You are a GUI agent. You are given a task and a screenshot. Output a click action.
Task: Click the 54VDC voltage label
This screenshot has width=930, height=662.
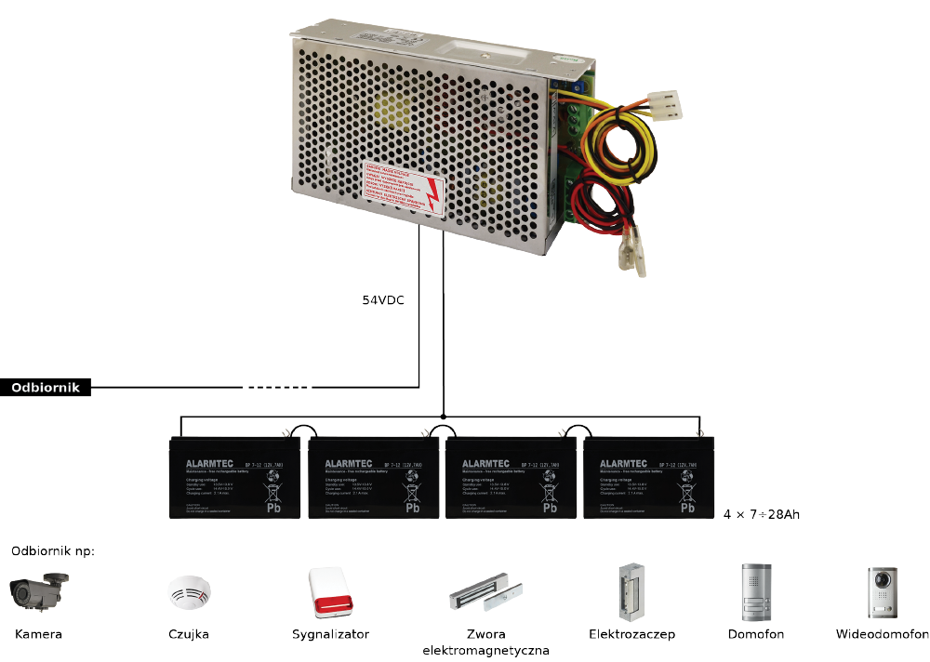click(x=383, y=301)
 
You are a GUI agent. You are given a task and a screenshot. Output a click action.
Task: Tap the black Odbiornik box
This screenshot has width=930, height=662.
click(x=46, y=388)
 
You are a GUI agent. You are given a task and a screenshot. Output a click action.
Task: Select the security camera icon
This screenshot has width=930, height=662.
click(x=38, y=591)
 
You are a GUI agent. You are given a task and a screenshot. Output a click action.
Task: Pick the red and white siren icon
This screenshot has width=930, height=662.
click(x=331, y=592)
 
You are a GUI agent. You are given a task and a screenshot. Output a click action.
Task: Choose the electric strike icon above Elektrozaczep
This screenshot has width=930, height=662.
click(x=631, y=591)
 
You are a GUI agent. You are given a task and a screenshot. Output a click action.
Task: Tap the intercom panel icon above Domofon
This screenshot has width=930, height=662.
click(x=755, y=592)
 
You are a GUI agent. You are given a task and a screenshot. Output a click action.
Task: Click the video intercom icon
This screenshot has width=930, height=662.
click(x=882, y=592)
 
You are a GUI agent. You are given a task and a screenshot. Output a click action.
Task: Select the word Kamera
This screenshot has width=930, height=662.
click(x=38, y=635)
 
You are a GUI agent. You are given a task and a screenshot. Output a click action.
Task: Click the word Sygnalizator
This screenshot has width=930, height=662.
click(x=330, y=635)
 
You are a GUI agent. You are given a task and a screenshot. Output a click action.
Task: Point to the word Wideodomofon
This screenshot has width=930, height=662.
click(x=882, y=635)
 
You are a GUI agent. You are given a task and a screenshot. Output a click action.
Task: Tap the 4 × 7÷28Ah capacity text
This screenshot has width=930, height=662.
click(x=762, y=513)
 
